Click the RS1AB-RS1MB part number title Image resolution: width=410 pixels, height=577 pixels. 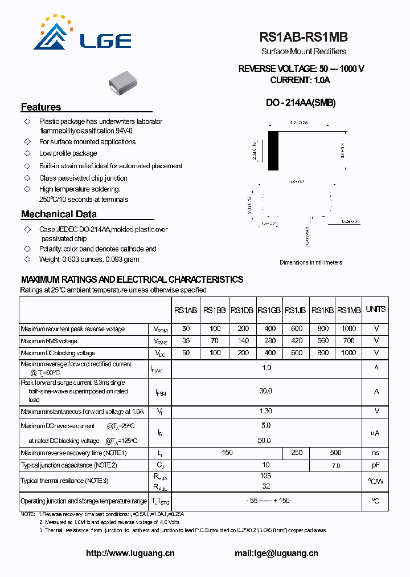[x=304, y=38]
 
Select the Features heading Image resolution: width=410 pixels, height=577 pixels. [x=41, y=107]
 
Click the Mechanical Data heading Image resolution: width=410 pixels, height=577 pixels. [x=59, y=214]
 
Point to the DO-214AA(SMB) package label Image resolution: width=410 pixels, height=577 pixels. [x=301, y=103]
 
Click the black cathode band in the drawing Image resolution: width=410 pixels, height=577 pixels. [x=273, y=151]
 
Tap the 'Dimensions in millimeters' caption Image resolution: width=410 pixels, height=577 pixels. [x=310, y=262]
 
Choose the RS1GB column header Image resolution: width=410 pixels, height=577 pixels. [x=269, y=310]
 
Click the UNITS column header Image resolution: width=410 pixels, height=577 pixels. [x=376, y=309]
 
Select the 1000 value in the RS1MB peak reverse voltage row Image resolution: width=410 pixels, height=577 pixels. [x=348, y=329]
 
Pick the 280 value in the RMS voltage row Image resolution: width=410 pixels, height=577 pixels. [x=270, y=341]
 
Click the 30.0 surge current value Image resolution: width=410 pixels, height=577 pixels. [x=266, y=391]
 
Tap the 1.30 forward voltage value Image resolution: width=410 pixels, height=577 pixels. [x=266, y=411]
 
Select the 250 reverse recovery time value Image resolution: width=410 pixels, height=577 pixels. [x=297, y=453]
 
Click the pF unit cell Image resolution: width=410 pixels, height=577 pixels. [x=376, y=465]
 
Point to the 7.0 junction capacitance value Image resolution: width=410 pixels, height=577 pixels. [x=336, y=466]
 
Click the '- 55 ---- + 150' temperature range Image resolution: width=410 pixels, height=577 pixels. [x=266, y=501]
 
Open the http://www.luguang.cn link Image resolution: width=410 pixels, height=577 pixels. [x=130, y=553]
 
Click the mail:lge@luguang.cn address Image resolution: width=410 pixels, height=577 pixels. [x=276, y=553]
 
